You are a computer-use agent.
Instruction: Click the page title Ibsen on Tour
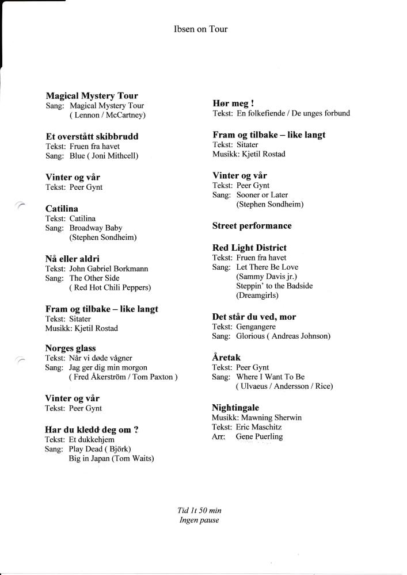pos(200,29)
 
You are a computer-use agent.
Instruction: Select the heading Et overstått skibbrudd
pos(92,137)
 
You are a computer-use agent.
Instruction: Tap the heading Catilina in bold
pos(62,209)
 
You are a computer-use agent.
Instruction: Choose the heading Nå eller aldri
pos(72,259)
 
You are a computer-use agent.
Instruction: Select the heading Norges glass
pos(70,348)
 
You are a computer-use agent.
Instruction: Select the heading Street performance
pos(252,226)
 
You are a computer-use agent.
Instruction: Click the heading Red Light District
pos(249,248)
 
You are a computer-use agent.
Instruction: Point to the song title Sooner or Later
pos(262,195)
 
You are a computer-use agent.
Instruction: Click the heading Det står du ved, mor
pos(254,317)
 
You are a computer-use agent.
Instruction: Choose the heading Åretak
pos(226,358)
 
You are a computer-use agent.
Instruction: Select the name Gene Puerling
pos(259,436)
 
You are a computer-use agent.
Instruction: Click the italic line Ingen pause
pos(199,520)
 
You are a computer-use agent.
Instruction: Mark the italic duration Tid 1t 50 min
pos(200,511)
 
